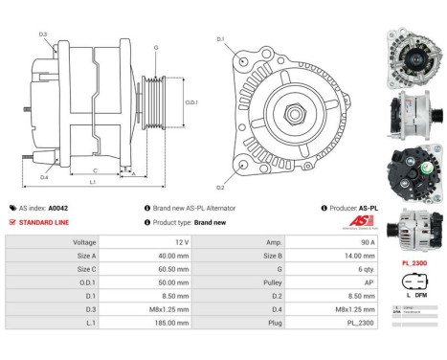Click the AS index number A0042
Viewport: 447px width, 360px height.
[x=58, y=207]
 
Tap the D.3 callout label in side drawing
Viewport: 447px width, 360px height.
[x=43, y=34]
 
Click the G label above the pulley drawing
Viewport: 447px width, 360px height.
[x=155, y=46]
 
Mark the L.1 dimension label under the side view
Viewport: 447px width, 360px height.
[x=92, y=181]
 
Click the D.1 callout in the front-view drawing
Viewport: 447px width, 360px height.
[x=220, y=39]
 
